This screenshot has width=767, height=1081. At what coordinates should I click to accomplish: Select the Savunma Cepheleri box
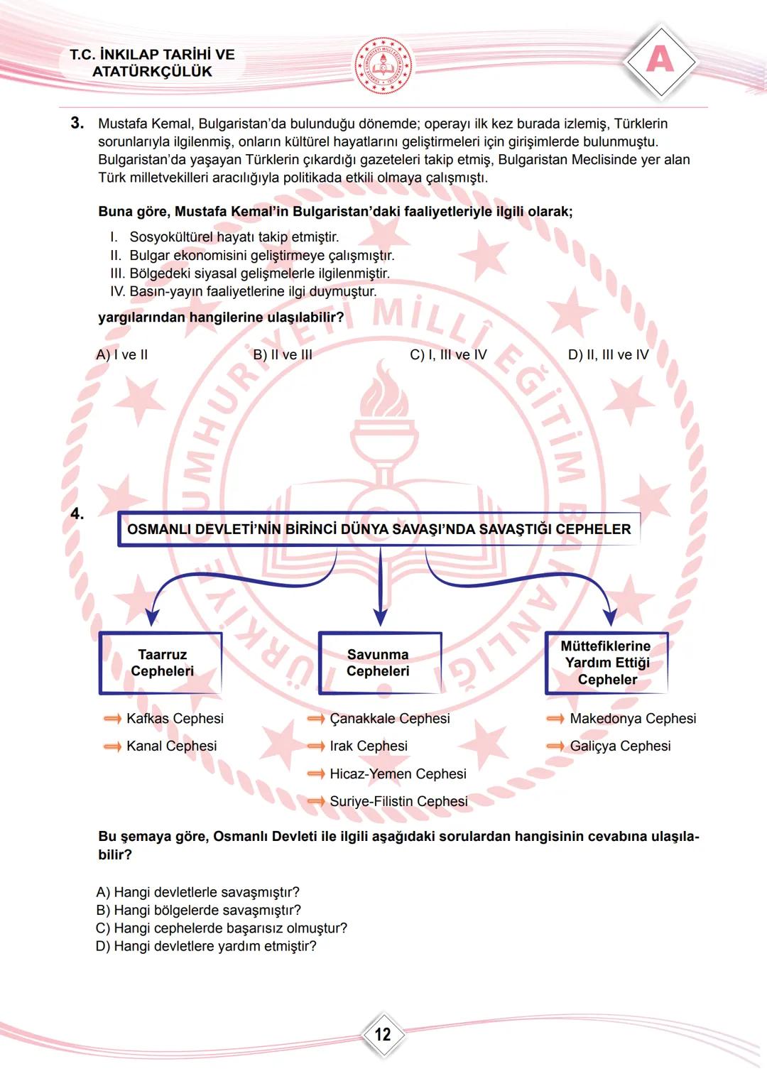379,663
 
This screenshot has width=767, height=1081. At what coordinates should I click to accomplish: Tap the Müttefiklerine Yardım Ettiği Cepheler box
606,663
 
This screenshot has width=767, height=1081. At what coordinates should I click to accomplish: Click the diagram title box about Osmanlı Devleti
379,529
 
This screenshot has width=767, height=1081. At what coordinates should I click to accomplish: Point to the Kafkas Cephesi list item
174,719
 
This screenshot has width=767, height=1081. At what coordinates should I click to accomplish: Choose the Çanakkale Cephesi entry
389,719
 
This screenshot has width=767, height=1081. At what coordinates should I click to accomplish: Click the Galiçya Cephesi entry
619,746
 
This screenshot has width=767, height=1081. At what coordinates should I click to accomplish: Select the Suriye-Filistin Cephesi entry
398,802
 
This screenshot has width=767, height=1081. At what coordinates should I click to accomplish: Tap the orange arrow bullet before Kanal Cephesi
112,746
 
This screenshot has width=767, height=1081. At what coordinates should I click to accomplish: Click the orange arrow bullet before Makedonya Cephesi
555,719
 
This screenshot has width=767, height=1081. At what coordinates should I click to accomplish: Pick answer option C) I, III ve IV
448,355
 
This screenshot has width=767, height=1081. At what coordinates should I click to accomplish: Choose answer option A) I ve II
121,355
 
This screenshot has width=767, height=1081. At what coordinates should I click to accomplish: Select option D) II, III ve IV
608,355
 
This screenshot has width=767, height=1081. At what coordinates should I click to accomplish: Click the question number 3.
77,124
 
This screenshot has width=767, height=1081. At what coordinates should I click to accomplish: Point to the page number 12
383,1034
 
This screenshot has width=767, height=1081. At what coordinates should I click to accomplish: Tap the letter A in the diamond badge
660,60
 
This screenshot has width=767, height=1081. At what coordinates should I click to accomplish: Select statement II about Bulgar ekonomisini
252,256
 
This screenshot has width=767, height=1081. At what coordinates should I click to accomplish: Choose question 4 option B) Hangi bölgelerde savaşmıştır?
198,911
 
